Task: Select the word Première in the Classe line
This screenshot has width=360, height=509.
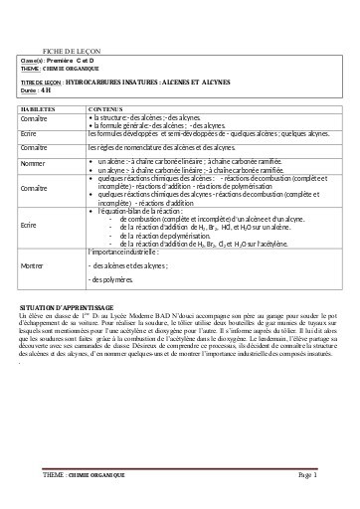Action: [x=69, y=61]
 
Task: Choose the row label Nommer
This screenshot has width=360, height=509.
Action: [x=35, y=162]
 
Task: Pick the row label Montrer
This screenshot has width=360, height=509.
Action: [x=34, y=265]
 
